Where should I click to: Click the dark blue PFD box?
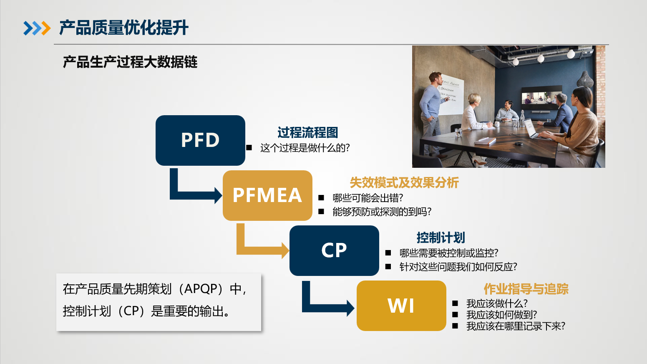point(200,140)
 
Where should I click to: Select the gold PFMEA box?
point(267,195)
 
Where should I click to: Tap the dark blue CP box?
point(334,250)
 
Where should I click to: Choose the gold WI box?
point(401,306)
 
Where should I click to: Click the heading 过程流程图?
point(307,133)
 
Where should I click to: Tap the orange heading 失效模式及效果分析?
point(404,182)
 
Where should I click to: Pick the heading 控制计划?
point(441,238)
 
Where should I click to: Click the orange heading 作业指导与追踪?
point(526,289)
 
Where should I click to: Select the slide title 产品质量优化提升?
point(123,28)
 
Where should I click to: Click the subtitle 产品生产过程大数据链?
point(130,62)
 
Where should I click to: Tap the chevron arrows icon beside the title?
point(37,28)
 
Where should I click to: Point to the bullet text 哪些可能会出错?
point(368,198)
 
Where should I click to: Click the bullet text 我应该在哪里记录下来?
point(516,326)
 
